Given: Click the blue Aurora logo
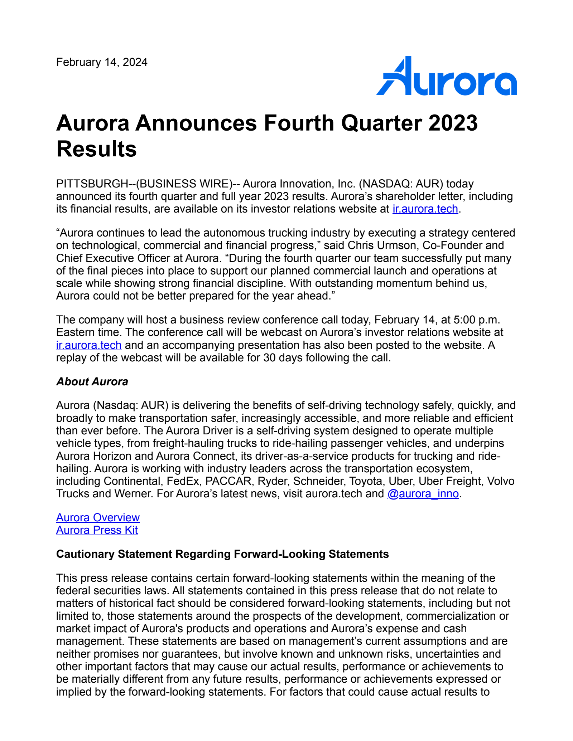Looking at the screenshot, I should point(446,76).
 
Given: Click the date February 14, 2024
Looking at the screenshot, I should point(102,62).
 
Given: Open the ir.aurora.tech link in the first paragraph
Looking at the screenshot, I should point(425,209).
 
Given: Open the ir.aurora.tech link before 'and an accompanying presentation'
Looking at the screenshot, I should point(89,345).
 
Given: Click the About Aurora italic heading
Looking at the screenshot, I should point(92,382).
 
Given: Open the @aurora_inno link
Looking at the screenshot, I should point(423,494).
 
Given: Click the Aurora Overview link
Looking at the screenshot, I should point(98,518).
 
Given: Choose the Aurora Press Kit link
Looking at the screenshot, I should point(97,530).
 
